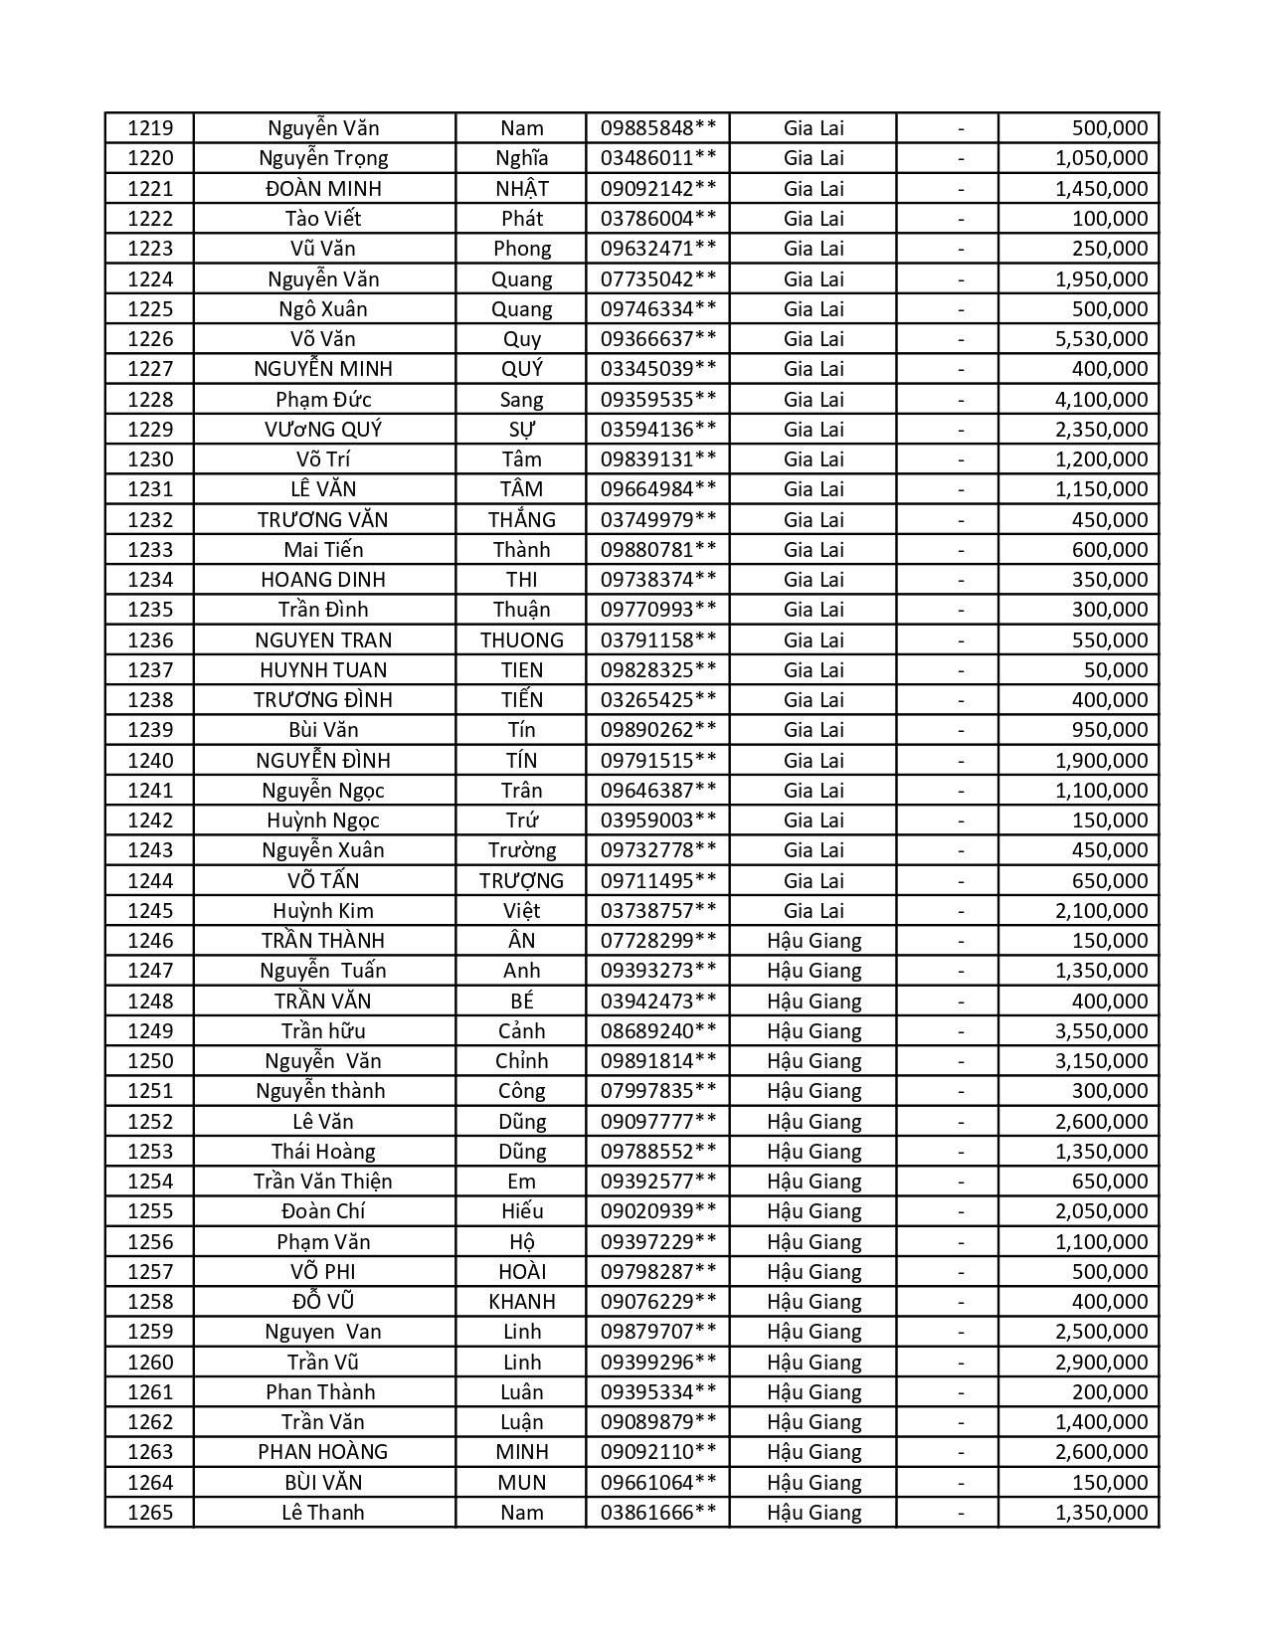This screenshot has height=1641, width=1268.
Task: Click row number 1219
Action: point(150,128)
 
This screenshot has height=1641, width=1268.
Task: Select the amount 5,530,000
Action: point(1101,339)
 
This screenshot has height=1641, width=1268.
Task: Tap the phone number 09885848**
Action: point(657,128)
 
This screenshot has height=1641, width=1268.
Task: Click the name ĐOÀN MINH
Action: point(323,189)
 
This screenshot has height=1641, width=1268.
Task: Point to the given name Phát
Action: point(521,219)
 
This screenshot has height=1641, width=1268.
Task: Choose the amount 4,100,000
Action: point(1101,400)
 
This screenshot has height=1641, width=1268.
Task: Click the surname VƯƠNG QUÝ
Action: point(323,430)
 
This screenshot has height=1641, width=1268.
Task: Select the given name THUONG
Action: point(521,640)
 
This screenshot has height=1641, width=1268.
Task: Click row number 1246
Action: point(150,941)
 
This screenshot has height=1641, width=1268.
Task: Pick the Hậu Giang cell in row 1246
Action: point(814,941)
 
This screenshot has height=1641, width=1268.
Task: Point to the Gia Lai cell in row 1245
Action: point(814,911)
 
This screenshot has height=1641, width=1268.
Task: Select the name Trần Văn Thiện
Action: point(323,1182)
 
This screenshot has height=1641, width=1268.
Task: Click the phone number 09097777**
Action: point(657,1122)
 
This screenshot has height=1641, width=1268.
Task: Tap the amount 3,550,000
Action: point(1101,1031)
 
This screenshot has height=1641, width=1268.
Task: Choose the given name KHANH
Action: point(521,1302)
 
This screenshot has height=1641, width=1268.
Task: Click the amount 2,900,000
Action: point(1101,1363)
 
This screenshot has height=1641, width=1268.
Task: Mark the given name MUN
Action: point(521,1483)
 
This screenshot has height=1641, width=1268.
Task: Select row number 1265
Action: point(150,1513)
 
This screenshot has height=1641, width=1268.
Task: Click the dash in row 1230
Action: point(961,459)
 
